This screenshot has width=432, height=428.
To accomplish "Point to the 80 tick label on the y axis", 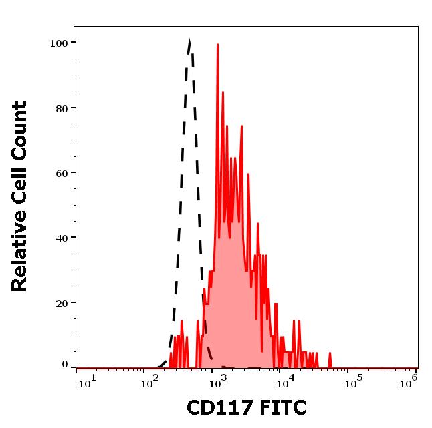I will click(61, 108).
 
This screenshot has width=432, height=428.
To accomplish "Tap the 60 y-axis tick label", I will click(61, 173).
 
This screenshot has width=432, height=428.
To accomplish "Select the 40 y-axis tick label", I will click(61, 238).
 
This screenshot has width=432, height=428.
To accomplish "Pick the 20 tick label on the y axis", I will click(61, 302).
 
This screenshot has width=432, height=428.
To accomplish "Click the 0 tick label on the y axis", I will click(65, 365).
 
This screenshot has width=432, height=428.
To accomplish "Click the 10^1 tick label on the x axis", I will click(87, 381).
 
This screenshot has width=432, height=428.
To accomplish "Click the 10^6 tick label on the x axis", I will click(409, 381).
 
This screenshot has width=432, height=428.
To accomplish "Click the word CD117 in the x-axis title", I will click(215, 408).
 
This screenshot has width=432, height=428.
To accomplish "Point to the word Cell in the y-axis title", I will click(20, 192).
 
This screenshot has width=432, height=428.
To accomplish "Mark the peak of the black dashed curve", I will click(190, 41).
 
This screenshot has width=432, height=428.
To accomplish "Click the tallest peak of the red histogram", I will click(218, 45).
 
